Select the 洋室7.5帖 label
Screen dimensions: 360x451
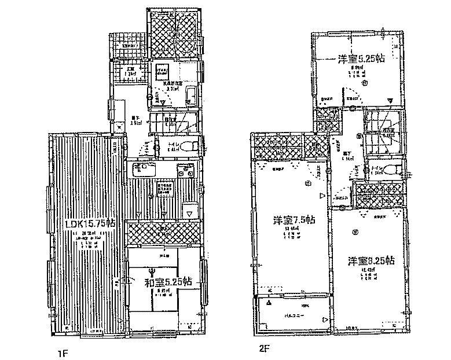[x=294, y=221]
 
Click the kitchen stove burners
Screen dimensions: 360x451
[x=186, y=171]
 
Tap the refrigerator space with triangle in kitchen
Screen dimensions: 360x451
[x=189, y=210]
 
